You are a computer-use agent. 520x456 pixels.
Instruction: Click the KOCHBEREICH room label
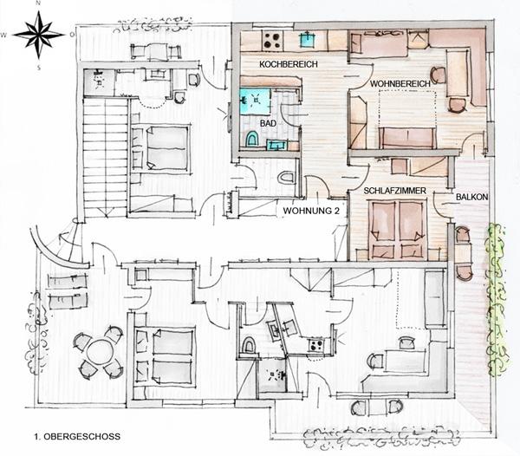pyautogui.click(x=289, y=64)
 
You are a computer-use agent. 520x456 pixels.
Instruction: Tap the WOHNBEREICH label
pyautogui.click(x=400, y=84)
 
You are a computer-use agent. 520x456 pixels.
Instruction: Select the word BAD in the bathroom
pyautogui.click(x=268, y=123)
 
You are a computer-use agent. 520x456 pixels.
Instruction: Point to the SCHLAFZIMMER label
pyautogui.click(x=394, y=191)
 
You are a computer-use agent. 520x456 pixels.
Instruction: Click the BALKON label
pyautogui.click(x=472, y=197)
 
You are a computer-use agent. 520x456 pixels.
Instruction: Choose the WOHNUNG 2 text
pyautogui.click(x=311, y=211)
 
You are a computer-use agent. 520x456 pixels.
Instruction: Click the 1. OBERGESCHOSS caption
pyautogui.click(x=77, y=436)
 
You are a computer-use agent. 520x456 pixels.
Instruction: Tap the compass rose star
pyautogui.click(x=39, y=34)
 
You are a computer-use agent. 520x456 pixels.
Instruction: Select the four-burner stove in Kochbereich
pyautogui.click(x=273, y=41)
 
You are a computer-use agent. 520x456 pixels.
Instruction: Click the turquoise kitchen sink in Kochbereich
pyautogui.click(x=308, y=40)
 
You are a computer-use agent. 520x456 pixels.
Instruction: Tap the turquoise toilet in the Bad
pyautogui.click(x=252, y=139)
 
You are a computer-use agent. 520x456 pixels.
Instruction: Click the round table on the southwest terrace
pyautogui.click(x=99, y=353)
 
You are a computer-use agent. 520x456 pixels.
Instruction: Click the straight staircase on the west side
pyautogui.click(x=105, y=157)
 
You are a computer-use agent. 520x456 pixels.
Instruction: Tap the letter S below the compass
pyautogui.click(x=38, y=68)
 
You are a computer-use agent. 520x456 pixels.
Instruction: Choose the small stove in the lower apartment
pyautogui.click(x=316, y=345)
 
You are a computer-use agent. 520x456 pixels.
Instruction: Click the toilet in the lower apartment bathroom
pyautogui.click(x=248, y=344)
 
